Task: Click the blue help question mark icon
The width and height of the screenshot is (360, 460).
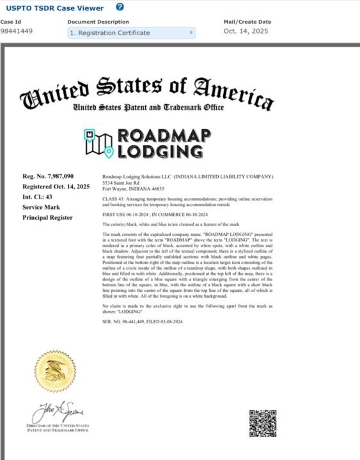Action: [120, 7]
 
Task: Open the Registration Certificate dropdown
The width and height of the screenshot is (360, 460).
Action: [131, 33]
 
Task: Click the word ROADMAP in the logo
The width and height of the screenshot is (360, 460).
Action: [160, 136]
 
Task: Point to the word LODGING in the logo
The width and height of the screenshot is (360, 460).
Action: [160, 152]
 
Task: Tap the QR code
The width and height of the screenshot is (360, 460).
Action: [262, 423]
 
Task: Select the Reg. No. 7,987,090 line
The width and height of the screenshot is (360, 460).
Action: [49, 176]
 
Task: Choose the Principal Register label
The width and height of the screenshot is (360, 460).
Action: [48, 217]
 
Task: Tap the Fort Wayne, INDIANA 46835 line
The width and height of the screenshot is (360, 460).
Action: [134, 188]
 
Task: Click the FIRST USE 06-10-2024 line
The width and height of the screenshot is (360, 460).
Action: [154, 215]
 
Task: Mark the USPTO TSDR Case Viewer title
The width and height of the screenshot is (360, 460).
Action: [52, 8]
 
